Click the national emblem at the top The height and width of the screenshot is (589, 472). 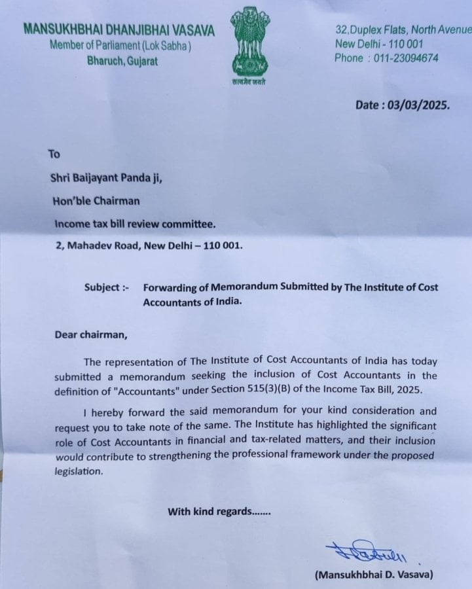(x=250, y=41)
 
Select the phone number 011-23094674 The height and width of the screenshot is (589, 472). (x=406, y=58)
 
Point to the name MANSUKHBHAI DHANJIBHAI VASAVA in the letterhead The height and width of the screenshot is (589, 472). (x=119, y=30)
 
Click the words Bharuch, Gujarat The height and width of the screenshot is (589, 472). (x=122, y=61)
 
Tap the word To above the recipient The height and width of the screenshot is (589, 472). (x=54, y=154)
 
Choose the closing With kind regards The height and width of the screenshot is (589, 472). (x=219, y=511)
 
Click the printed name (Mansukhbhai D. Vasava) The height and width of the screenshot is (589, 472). (x=374, y=575)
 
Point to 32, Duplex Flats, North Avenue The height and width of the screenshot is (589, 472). (x=403, y=30)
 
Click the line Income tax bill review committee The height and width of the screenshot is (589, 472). (x=134, y=224)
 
